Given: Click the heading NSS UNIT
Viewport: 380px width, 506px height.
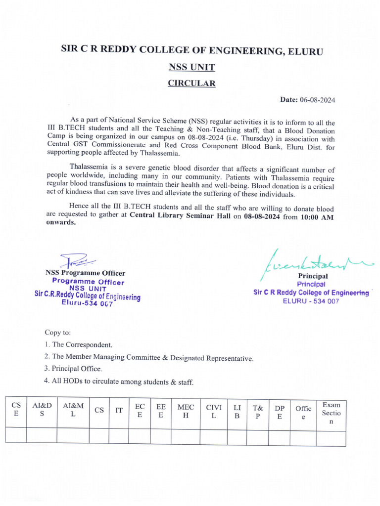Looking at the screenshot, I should (191, 67).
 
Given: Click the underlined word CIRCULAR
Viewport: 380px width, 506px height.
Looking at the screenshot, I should (191, 83).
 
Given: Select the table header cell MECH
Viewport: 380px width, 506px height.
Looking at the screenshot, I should (186, 411).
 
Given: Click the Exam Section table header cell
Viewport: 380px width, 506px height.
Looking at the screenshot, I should (331, 413).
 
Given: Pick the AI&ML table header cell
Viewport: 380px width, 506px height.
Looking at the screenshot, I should (73, 410).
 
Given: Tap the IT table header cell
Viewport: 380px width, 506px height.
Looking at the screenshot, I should (119, 410).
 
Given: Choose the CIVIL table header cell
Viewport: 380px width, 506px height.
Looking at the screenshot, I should (214, 411).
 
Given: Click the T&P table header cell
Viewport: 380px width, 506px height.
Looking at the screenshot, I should (257, 411).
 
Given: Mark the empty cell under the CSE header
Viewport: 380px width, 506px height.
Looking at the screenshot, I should (16, 435).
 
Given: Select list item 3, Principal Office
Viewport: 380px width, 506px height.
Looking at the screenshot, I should (73, 369).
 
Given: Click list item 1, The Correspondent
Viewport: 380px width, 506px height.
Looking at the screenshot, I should (78, 344).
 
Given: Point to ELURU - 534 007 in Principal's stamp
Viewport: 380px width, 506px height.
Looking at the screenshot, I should (311, 301).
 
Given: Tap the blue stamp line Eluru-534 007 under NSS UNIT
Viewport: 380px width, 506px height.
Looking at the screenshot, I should (87, 304).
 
